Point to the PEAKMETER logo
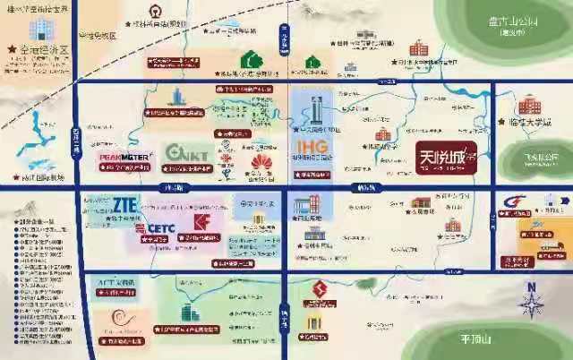(123, 158)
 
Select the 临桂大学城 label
(526, 124)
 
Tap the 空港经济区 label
(45, 51)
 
